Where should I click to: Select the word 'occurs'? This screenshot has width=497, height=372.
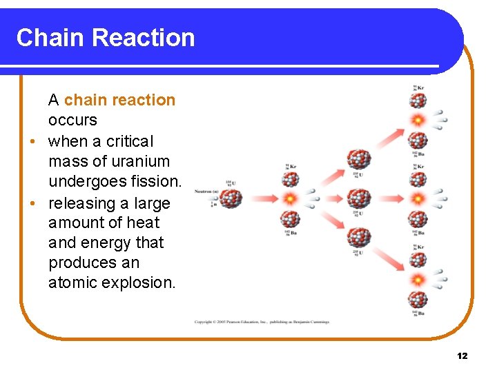click(72, 121)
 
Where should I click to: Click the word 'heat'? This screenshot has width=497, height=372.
click(143, 223)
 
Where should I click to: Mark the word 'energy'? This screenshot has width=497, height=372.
click(110, 242)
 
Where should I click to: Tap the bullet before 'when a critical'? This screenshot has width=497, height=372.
click(32, 142)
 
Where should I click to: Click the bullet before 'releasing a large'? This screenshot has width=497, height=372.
click(32, 204)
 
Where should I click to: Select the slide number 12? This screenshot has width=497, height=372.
click(462, 355)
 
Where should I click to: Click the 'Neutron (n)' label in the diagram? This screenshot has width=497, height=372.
click(207, 191)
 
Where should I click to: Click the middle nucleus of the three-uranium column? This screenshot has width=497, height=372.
click(359, 199)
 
